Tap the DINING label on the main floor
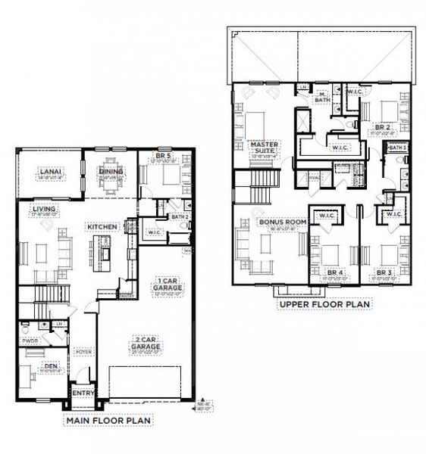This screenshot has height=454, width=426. coord(111,171)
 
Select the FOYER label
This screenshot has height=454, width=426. coord(82,352)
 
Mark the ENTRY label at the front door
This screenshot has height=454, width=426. coord(81,393)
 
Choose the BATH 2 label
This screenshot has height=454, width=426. coord(179,216)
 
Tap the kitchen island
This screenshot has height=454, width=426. coord(102,249)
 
